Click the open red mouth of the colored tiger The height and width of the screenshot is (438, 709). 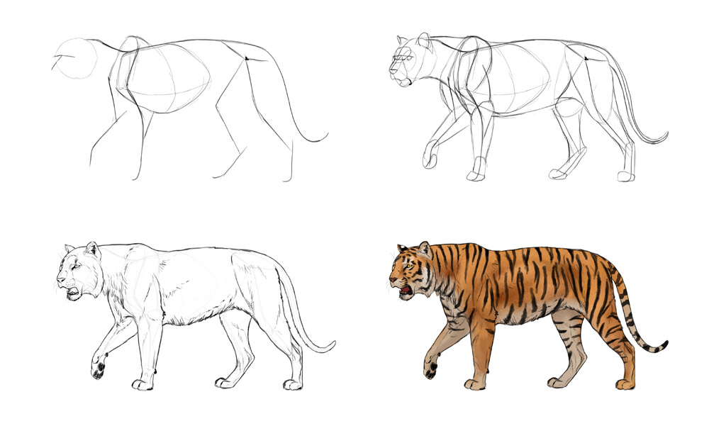tap(406, 290)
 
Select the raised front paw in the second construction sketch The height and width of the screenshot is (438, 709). tap(430, 159)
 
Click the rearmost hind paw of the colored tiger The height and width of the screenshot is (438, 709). tap(625, 384)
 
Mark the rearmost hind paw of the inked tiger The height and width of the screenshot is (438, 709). tap(292, 384)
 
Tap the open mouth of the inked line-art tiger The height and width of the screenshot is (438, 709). tap(72, 290)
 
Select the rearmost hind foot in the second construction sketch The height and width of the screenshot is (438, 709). tap(625, 175)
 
